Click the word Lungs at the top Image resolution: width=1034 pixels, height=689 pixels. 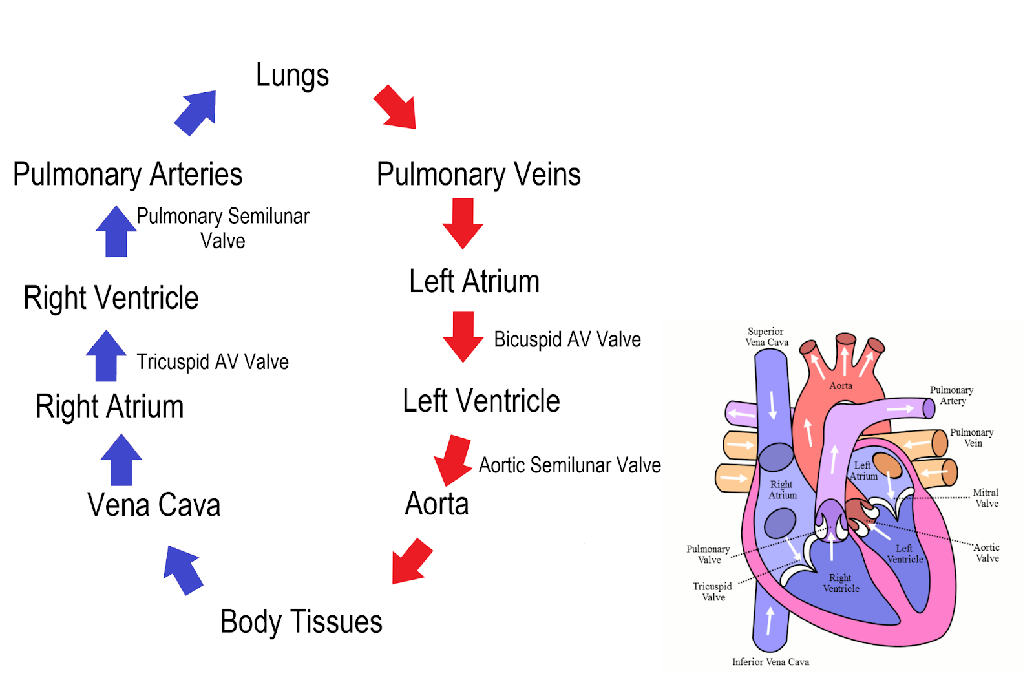(x=292, y=76)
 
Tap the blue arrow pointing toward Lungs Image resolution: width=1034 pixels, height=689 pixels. (x=196, y=112)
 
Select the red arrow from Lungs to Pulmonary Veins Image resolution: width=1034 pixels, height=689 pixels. (x=395, y=107)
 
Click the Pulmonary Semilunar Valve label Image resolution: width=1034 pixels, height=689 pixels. (x=223, y=228)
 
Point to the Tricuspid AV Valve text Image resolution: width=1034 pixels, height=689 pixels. (x=212, y=362)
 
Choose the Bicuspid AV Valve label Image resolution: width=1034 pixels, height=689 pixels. (x=567, y=340)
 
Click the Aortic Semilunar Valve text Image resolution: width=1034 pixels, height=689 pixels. (x=569, y=465)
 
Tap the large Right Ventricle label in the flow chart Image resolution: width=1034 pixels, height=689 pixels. (x=111, y=299)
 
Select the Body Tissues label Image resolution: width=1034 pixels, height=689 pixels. (x=301, y=622)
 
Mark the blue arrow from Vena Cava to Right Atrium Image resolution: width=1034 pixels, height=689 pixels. (x=121, y=460)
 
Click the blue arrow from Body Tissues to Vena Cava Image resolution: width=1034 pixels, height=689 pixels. (x=184, y=569)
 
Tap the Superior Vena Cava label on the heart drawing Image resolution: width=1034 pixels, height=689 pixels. (x=766, y=337)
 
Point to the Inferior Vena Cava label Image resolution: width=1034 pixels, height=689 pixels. (x=770, y=662)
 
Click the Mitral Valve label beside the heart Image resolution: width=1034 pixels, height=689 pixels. (x=986, y=498)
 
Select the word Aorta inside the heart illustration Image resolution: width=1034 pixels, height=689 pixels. (x=841, y=386)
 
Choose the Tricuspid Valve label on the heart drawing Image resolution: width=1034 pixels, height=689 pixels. (x=712, y=591)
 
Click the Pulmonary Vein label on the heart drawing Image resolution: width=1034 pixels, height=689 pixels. (x=971, y=438)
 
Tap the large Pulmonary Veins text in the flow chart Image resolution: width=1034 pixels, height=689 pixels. (x=478, y=175)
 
